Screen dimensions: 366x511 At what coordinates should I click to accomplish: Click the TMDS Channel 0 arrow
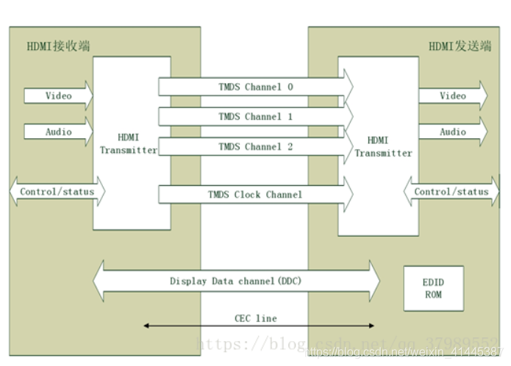pos(255,87)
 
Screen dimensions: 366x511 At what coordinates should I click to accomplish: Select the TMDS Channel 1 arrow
pos(255,117)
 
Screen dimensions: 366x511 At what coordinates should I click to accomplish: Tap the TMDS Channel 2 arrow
pos(255,147)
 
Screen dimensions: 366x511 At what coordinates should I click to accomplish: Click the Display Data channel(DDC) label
pos(235,281)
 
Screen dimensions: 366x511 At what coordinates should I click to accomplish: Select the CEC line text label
pos(256,318)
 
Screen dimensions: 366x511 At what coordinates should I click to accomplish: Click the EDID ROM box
pos(433,289)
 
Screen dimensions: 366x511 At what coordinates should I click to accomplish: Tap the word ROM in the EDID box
pos(433,295)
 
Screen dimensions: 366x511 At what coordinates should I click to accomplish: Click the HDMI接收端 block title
pos(58,46)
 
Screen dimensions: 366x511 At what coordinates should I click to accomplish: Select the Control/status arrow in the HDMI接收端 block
pos(57,192)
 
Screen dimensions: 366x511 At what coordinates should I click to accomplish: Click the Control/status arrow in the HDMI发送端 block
pos(451,192)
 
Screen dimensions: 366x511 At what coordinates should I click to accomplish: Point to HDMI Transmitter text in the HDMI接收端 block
pos(129,143)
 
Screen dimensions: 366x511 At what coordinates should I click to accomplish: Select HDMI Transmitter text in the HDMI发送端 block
pos(379,146)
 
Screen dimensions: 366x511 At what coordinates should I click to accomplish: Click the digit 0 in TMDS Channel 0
pos(290,87)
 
